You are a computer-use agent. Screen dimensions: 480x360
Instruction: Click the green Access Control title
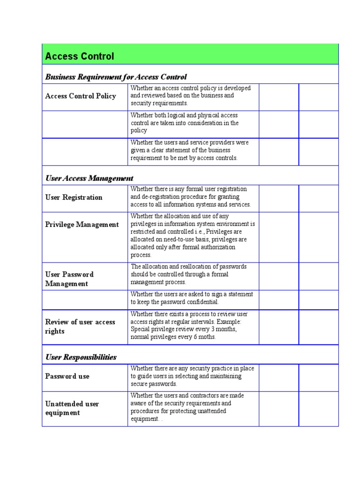click(x=79, y=57)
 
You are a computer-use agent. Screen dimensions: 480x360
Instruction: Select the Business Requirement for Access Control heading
click(x=116, y=77)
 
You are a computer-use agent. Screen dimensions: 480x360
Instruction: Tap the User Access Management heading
click(x=89, y=178)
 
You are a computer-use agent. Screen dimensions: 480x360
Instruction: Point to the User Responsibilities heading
click(x=81, y=357)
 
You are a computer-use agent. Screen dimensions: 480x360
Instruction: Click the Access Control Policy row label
click(x=80, y=96)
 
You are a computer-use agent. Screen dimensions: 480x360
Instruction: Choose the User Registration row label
click(x=74, y=197)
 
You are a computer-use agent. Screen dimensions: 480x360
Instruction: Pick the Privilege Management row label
click(x=82, y=225)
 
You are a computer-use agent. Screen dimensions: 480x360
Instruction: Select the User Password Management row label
click(x=69, y=279)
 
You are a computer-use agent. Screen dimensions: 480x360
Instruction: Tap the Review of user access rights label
click(x=80, y=327)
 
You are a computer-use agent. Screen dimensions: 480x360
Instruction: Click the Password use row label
click(x=67, y=376)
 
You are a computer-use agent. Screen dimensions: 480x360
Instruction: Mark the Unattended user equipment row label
click(x=72, y=408)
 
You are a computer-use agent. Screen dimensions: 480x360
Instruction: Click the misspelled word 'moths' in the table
click(x=207, y=337)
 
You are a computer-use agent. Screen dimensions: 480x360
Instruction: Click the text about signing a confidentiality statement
click(x=191, y=298)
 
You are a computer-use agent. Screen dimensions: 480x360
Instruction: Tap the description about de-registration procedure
click(x=191, y=197)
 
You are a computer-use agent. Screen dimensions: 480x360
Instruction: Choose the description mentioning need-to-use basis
click(x=192, y=235)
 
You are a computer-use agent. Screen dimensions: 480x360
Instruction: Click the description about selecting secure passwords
click(x=191, y=376)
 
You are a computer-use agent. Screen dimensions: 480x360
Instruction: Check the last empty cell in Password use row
click(x=318, y=377)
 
